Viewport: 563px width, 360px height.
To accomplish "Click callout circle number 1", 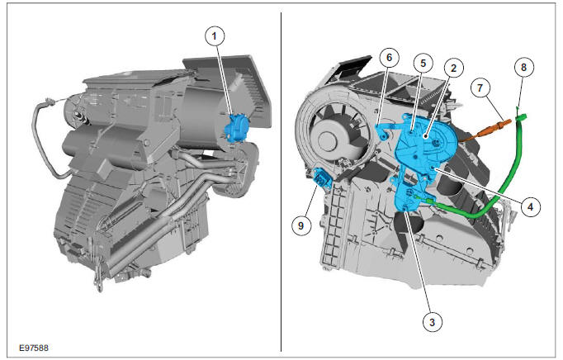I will [215, 36].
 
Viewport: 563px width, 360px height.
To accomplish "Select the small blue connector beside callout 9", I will [322, 178].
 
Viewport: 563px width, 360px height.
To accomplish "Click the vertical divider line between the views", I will [281, 182].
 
